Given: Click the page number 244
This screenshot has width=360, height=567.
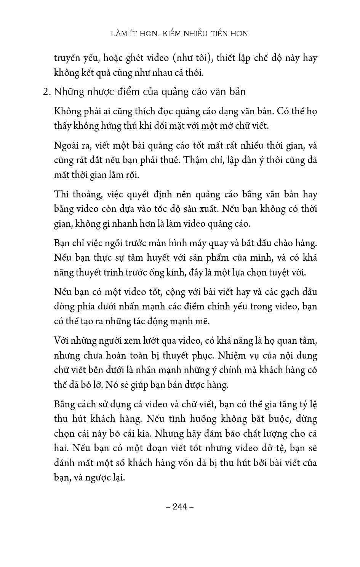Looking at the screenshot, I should (180, 506).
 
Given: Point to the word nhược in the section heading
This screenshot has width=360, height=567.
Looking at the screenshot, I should (102, 92).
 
